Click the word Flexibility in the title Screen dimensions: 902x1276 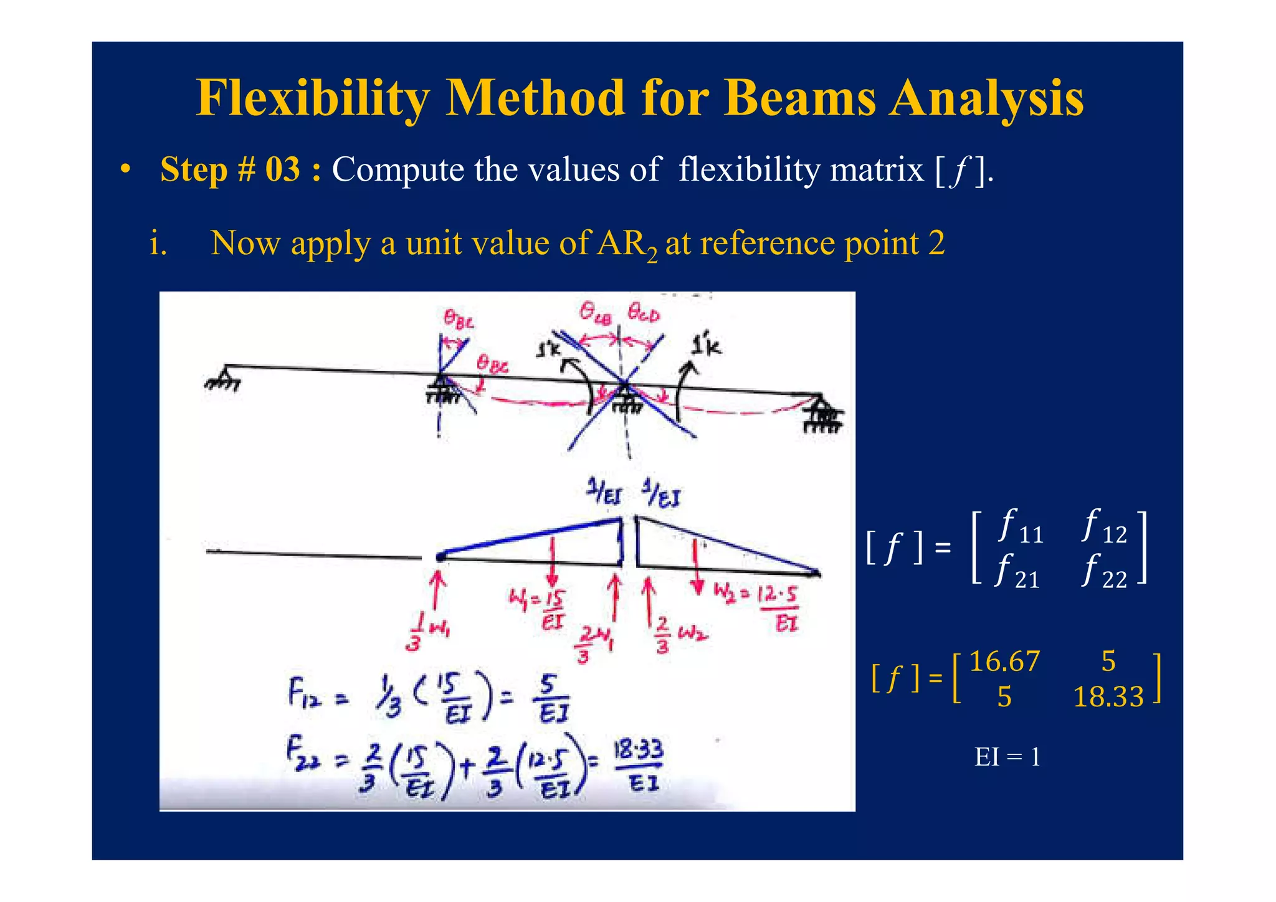coord(312,98)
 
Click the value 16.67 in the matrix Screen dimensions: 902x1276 coord(1004,661)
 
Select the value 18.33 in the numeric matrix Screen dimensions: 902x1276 coord(1108,696)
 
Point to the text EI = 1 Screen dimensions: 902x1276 coord(1007,757)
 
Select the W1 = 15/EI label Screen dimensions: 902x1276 coord(537,609)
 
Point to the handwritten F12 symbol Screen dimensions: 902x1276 coord(305,693)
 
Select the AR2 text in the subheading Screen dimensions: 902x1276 coord(626,244)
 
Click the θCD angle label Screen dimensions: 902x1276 coord(643,312)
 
